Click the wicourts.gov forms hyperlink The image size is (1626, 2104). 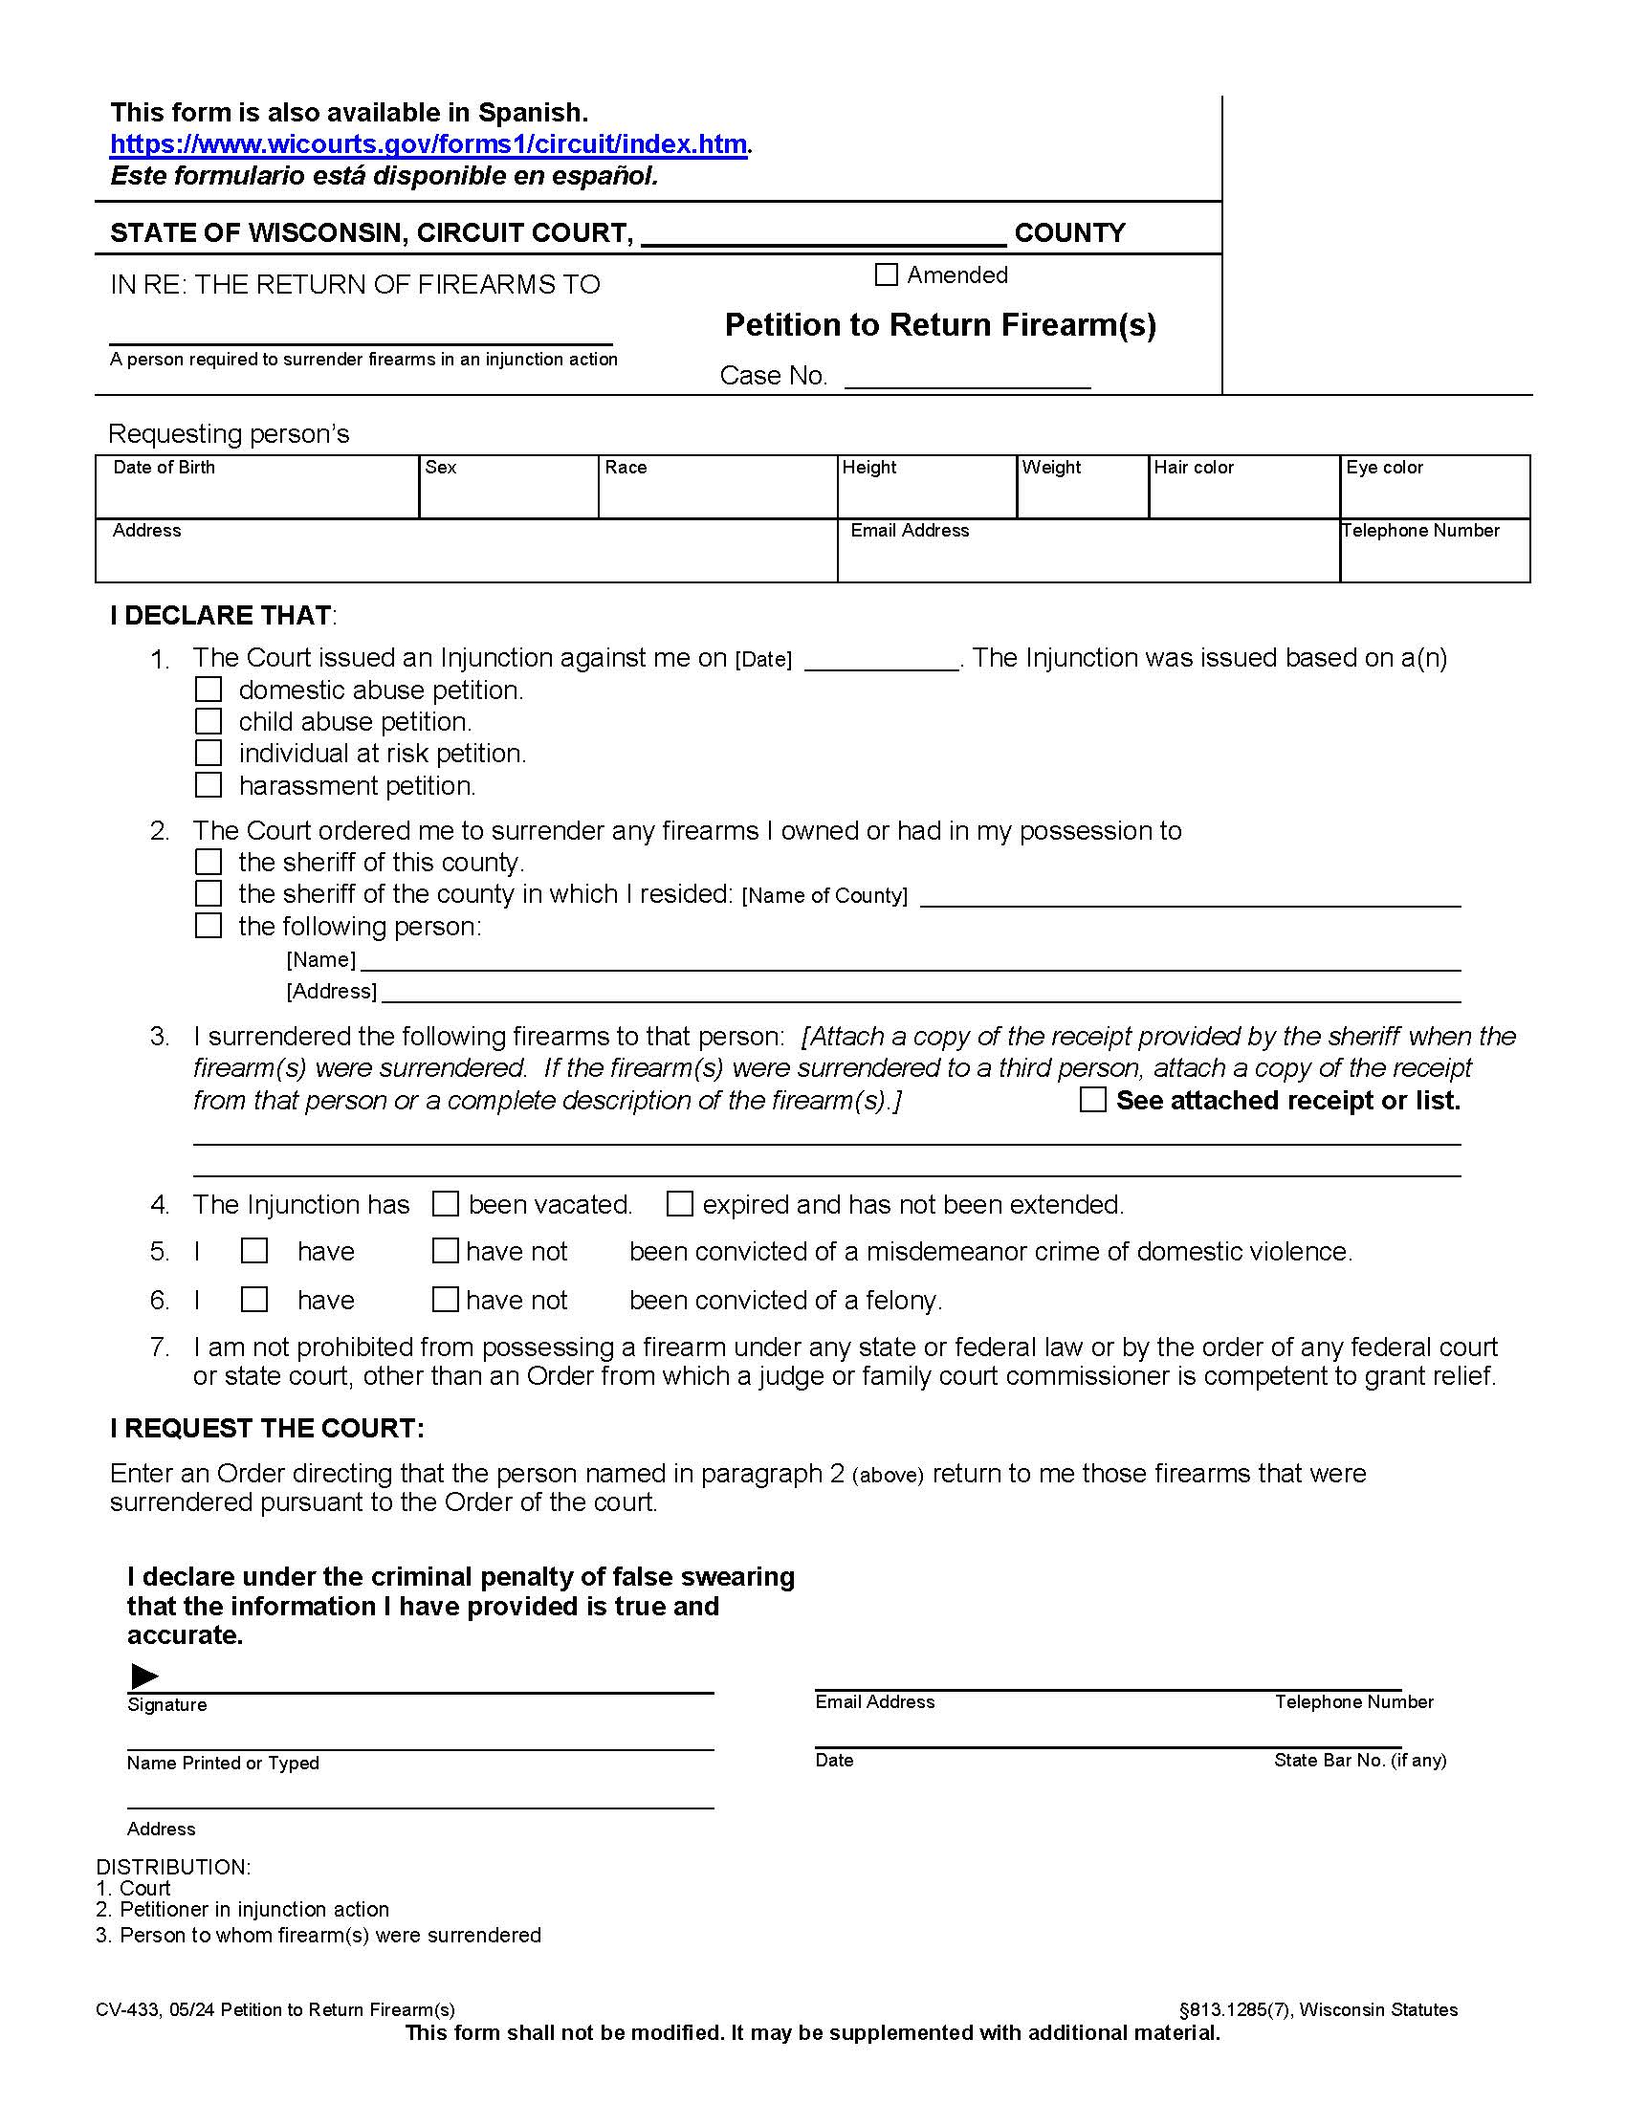(x=428, y=144)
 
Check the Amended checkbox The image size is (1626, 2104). (x=887, y=275)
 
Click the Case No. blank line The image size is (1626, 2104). (x=967, y=378)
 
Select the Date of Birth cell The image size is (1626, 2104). (x=257, y=488)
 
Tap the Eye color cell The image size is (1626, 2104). (x=1435, y=488)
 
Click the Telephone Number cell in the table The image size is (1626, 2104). (x=1435, y=551)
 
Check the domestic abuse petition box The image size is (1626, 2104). (x=209, y=690)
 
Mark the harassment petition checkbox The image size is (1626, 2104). (x=209, y=785)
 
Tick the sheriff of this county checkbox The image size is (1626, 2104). (x=209, y=862)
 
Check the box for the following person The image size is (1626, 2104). (x=209, y=926)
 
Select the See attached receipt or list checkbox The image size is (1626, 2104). (x=1093, y=1100)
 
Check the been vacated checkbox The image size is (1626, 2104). (x=445, y=1204)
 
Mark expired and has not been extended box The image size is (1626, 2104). (x=680, y=1204)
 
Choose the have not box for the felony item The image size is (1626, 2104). (x=445, y=1300)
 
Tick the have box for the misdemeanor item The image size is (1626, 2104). (x=254, y=1251)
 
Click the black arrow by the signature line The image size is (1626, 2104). (x=144, y=1677)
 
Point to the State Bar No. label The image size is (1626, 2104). (x=1359, y=1760)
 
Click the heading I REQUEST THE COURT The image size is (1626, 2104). (x=267, y=1428)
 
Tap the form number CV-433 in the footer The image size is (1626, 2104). (x=127, y=2009)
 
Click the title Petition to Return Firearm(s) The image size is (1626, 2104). (x=940, y=324)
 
